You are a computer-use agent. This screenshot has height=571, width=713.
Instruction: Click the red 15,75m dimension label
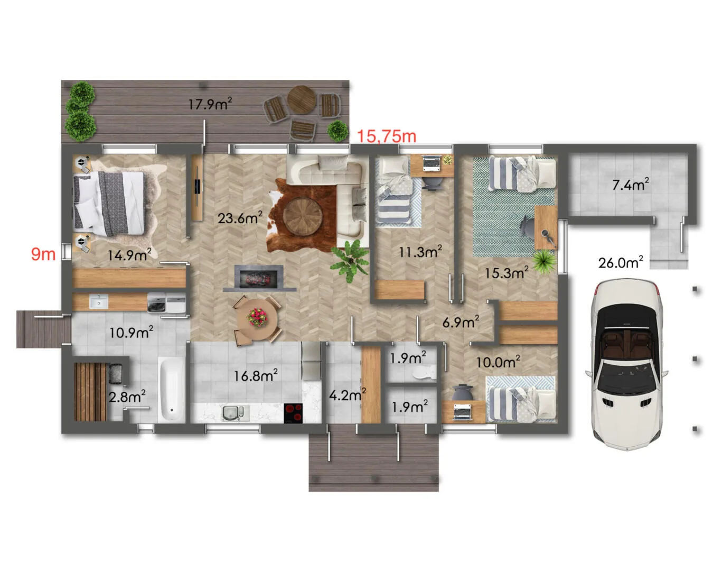coord(387,136)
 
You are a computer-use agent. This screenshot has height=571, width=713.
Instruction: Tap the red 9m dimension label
coord(43,254)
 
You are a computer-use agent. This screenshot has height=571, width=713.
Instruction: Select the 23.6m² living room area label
coord(240,218)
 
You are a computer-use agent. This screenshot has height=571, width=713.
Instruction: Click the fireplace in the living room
coord(259,278)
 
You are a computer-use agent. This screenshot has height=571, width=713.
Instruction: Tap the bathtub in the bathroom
coord(171,389)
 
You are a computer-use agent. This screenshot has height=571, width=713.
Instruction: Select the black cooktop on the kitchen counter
coord(293,413)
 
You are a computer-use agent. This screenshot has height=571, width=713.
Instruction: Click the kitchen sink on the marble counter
coord(235,413)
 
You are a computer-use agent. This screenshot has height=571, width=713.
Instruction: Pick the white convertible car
coord(626,364)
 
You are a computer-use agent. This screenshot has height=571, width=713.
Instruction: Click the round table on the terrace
coord(302,99)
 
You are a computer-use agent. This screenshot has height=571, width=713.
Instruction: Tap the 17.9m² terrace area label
coord(210,104)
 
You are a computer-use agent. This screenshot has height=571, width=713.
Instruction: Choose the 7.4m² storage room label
coord(630,185)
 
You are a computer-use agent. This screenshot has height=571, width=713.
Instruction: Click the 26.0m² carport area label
coord(621,262)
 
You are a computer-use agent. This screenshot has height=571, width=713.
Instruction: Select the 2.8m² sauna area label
coord(127,396)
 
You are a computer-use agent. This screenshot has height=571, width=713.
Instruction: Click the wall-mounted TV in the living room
coord(198,188)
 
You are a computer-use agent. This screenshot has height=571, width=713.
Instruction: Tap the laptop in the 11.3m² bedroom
coord(431,164)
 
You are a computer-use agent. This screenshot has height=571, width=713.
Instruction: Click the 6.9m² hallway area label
coord(461,321)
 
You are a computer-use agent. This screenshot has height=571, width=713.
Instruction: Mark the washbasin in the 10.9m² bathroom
coord(99,301)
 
